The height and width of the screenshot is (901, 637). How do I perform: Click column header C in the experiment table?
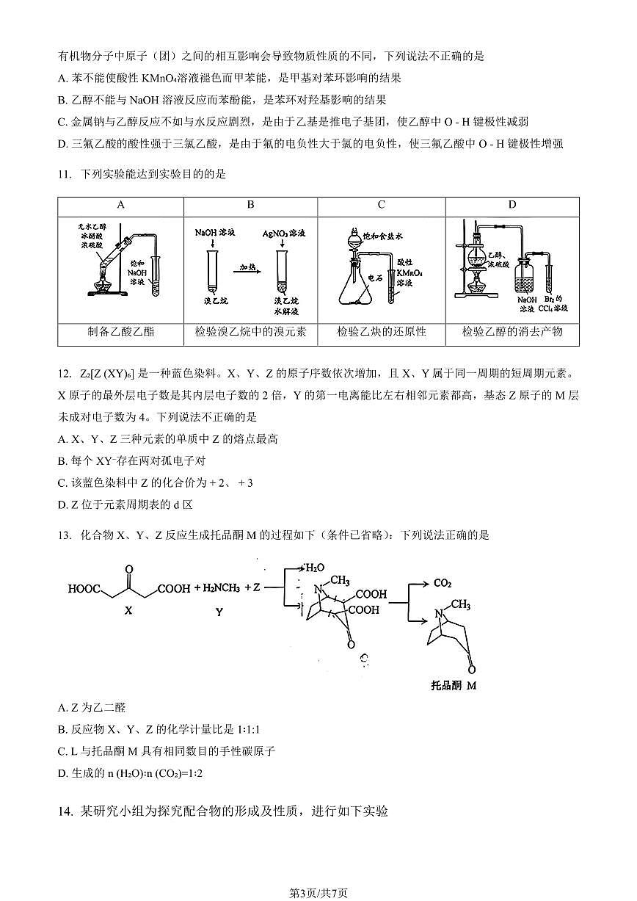click(x=382, y=206)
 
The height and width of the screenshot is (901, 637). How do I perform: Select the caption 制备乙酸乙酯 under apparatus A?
click(x=120, y=332)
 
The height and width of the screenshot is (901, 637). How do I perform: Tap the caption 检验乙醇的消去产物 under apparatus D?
click(x=512, y=332)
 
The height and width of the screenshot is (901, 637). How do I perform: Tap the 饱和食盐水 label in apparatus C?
click(x=385, y=236)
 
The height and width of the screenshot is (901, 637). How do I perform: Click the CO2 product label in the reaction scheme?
click(x=442, y=583)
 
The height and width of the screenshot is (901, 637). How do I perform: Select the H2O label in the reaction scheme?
click(x=313, y=568)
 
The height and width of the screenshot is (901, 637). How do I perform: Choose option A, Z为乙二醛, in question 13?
click(x=92, y=708)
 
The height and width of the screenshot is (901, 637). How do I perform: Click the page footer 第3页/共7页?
click(x=318, y=893)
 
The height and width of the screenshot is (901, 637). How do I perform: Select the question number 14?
click(x=65, y=811)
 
